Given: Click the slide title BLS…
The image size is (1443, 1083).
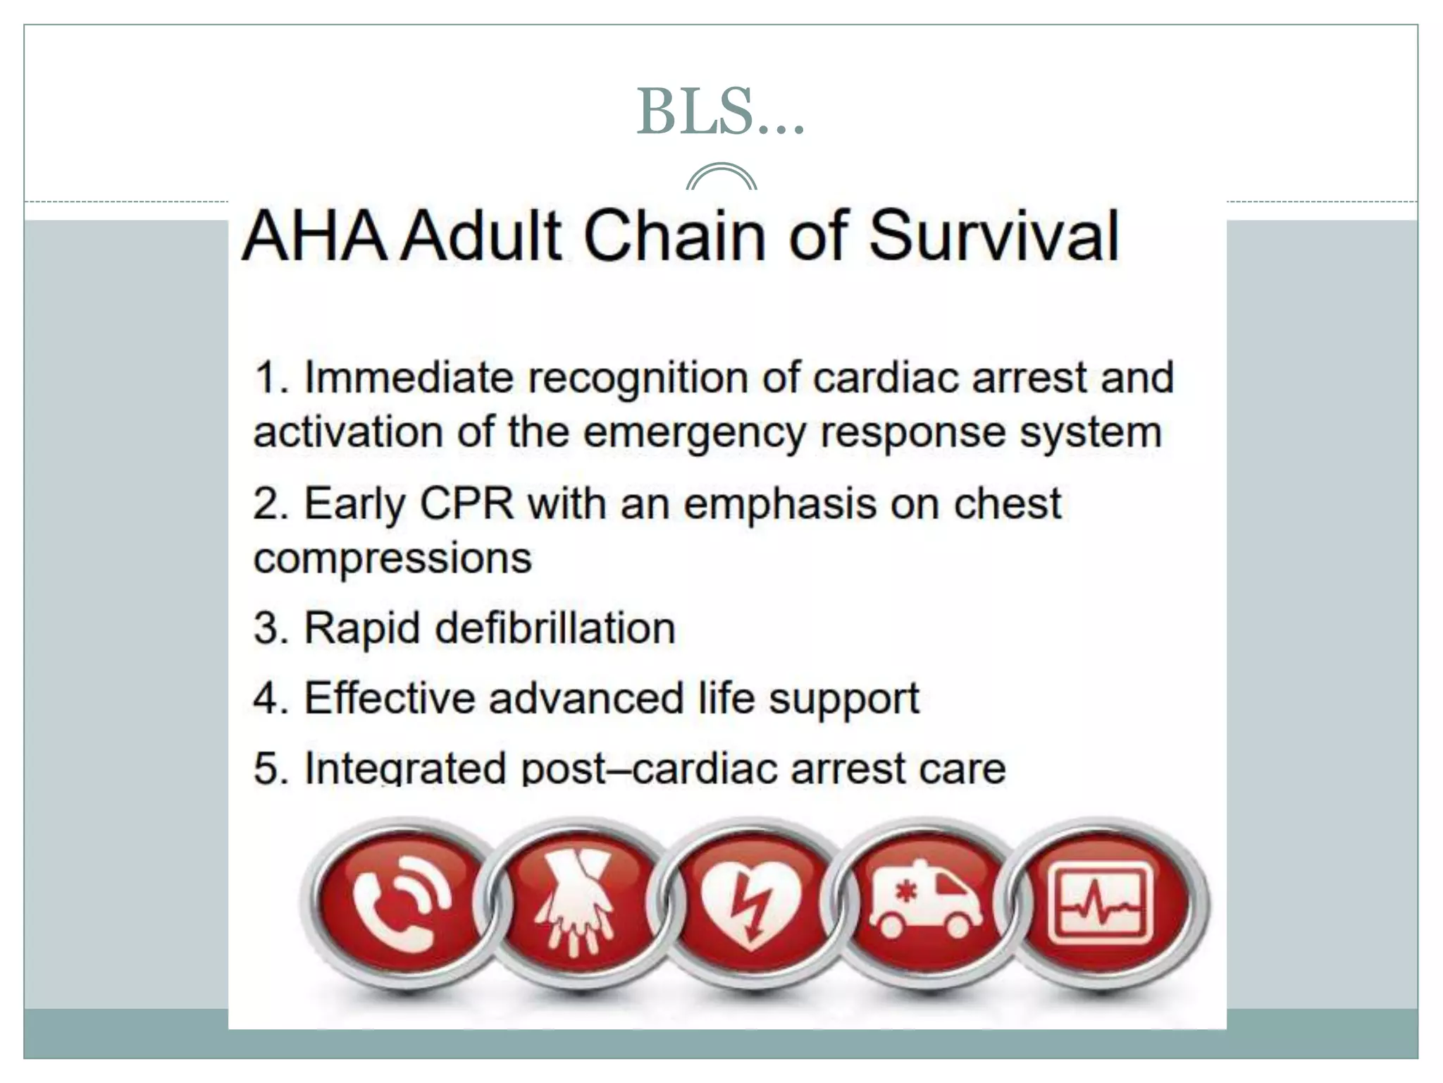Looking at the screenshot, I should [720, 112].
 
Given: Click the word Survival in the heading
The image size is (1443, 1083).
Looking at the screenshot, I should [993, 235].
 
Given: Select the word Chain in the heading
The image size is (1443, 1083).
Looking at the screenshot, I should [675, 235].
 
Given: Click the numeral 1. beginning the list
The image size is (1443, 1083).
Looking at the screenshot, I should [271, 378].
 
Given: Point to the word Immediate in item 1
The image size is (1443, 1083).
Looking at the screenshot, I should [409, 378].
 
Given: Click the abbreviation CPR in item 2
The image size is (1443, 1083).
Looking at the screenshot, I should [466, 504].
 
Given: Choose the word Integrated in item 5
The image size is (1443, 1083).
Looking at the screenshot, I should [405, 769].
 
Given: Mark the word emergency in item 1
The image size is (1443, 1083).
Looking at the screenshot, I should [694, 433].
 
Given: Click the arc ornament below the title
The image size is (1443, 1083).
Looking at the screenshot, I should [721, 177].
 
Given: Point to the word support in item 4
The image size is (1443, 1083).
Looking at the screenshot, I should [843, 699].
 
